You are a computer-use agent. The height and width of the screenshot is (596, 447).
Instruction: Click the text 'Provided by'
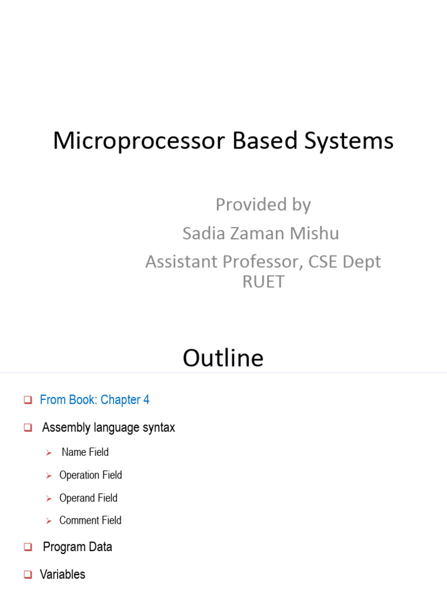coord(263,205)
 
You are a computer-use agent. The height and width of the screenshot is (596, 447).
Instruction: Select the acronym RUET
coord(263,282)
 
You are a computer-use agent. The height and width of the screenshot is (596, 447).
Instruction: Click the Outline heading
coord(223,358)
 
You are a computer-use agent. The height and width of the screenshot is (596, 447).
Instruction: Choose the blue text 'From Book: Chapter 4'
coord(94,400)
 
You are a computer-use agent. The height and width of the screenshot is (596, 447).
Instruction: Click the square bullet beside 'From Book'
coord(27,400)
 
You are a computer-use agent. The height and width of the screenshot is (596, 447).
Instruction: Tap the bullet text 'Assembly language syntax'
coord(108,428)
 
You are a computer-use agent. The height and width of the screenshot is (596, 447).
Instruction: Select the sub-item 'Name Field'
coord(85,452)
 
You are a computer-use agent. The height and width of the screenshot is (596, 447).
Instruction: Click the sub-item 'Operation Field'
coord(91,476)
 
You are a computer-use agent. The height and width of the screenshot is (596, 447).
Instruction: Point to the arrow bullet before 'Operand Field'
coord(49,499)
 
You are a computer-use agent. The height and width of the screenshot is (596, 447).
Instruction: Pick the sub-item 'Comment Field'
coord(90,520)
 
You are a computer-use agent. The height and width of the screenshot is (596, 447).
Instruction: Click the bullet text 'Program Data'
coord(77,547)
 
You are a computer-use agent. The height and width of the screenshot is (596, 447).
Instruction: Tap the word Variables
coord(62,574)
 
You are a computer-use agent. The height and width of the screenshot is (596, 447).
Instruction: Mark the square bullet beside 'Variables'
coord(27,574)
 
